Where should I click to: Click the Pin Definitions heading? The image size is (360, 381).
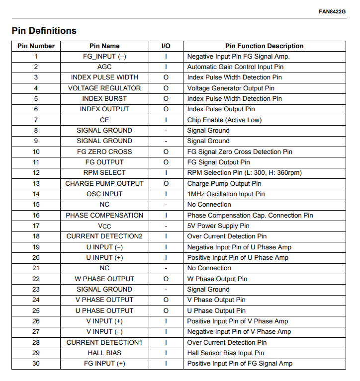[x=44, y=31]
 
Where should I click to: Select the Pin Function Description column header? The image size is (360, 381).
[x=264, y=46]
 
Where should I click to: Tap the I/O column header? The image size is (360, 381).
[x=166, y=46]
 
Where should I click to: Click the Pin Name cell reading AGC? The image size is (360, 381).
[x=104, y=67]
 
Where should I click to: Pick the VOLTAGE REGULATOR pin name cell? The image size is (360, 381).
[x=104, y=88]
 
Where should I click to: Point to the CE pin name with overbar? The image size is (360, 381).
[x=104, y=120]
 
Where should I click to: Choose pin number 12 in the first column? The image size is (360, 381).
[x=36, y=173]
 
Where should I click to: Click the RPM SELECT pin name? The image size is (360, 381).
[x=104, y=173]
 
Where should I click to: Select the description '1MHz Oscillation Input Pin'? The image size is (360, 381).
[x=226, y=194]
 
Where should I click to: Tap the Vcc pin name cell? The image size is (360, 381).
[x=104, y=226]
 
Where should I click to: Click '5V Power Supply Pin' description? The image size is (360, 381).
[x=218, y=226]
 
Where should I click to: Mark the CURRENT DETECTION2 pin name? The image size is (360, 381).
[x=104, y=236]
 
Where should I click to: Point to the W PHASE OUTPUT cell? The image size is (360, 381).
[x=104, y=279]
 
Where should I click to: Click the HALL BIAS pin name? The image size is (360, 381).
[x=104, y=353]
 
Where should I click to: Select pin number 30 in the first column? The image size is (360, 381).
[x=36, y=364]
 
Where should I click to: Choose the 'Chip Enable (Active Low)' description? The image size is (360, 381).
[x=224, y=120]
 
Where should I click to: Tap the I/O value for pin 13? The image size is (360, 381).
[x=166, y=183]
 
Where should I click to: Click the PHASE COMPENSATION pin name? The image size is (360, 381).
[x=104, y=215]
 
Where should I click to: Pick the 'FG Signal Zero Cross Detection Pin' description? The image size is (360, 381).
[x=240, y=152]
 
